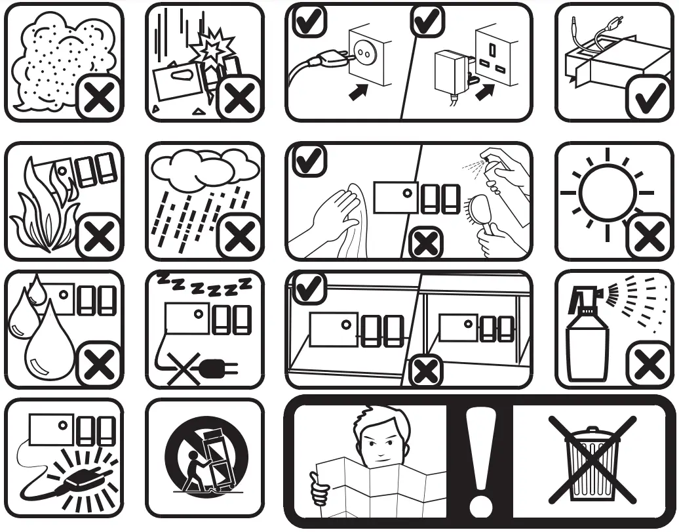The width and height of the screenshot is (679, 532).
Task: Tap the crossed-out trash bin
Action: (592, 463)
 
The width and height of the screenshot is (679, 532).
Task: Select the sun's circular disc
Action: (607, 193)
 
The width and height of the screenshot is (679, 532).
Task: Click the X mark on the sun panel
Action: (648, 236)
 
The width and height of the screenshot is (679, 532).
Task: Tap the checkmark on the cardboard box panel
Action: (648, 98)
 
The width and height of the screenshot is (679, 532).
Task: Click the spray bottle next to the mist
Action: (587, 341)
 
